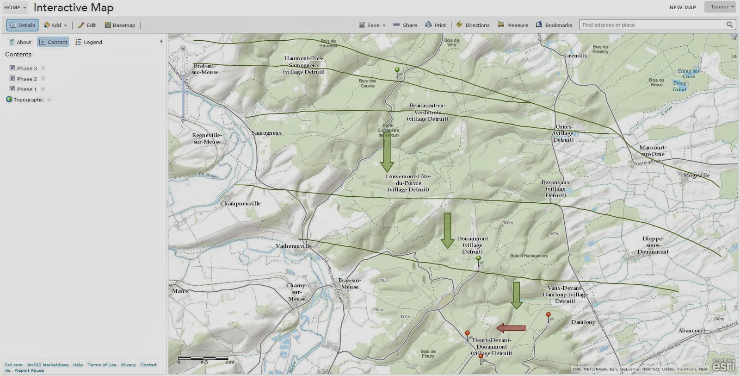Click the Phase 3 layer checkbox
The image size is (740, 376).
click(x=12, y=68)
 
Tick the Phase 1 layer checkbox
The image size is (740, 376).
click(x=12, y=89)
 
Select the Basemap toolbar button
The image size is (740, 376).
click(x=120, y=25)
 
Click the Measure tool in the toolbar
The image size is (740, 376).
click(x=513, y=25)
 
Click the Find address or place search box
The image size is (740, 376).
click(x=652, y=25)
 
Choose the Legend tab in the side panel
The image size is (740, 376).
click(x=89, y=42)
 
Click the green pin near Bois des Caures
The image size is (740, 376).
click(x=397, y=71)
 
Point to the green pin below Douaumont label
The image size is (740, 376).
click(x=479, y=259)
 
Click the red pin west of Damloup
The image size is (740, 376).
click(x=548, y=316)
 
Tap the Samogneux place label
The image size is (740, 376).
click(x=266, y=133)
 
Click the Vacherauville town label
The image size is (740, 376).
click(x=294, y=246)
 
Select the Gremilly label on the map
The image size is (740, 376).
click(x=576, y=56)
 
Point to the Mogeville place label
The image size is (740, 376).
click(x=696, y=175)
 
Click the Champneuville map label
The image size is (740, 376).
click(x=240, y=203)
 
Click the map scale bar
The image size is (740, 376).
click(x=203, y=358)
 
